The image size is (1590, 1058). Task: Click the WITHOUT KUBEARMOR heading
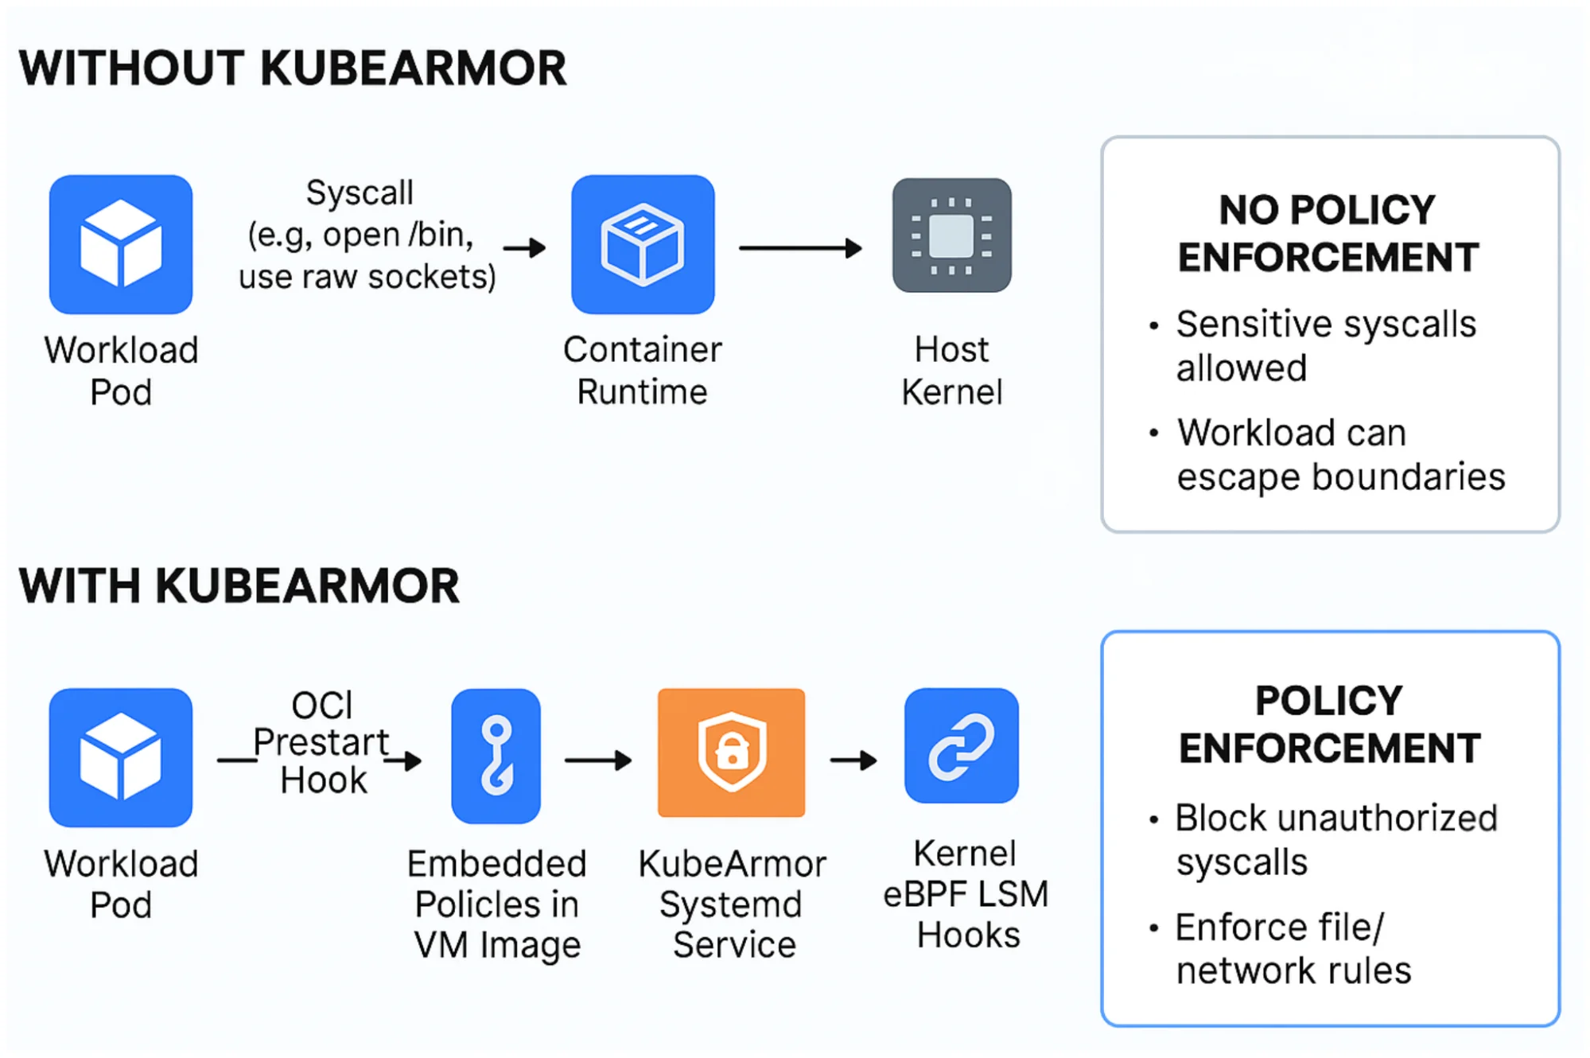[x=293, y=68]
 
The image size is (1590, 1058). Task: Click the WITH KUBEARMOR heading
[x=239, y=585]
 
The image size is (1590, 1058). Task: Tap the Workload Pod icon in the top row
[x=121, y=244]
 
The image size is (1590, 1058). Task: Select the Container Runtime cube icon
[x=643, y=244]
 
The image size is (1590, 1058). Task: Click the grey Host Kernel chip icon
[x=951, y=235]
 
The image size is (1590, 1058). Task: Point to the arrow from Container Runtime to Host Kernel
[x=799, y=248]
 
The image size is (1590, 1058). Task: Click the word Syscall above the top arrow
[x=360, y=193]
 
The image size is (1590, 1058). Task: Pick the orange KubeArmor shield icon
[x=731, y=752]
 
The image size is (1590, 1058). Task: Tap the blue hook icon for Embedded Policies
[x=496, y=755]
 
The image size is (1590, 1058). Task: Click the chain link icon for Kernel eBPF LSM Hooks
[x=961, y=745]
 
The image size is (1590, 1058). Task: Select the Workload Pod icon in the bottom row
[x=121, y=757]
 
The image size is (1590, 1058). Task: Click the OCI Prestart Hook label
[x=322, y=742]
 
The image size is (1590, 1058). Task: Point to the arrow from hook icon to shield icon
[x=597, y=760]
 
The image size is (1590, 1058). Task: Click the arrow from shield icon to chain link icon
[x=853, y=760]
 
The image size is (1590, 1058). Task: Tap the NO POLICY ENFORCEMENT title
[x=1328, y=233]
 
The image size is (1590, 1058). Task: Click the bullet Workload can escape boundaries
[x=1340, y=454]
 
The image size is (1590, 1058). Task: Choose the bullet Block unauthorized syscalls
[x=1335, y=839]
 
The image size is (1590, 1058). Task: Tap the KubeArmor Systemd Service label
[x=733, y=904]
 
